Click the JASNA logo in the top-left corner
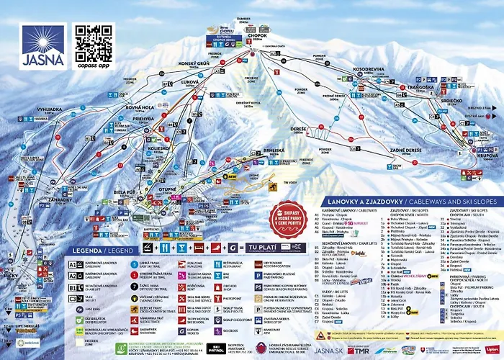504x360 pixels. tap(42, 45)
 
